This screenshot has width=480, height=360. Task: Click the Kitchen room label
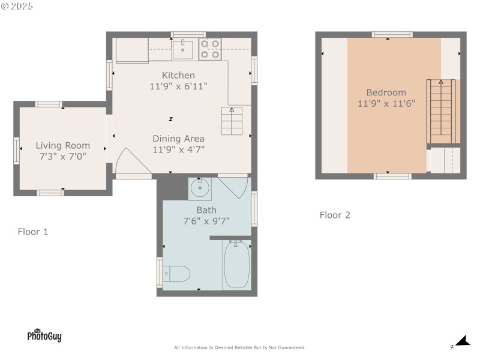click(x=178, y=76)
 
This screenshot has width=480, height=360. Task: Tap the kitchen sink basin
click(x=183, y=50)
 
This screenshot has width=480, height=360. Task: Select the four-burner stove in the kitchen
click(x=210, y=49)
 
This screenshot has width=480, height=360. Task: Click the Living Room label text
click(x=63, y=145)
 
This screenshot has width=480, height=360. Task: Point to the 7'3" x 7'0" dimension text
click(x=63, y=157)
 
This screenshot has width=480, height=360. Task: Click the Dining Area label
click(x=178, y=139)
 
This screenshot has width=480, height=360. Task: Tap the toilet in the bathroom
click(x=176, y=274)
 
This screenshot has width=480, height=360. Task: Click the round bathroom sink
click(x=200, y=187)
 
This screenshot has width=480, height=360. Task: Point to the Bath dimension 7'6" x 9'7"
click(x=206, y=221)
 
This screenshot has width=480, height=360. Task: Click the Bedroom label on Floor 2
click(x=386, y=92)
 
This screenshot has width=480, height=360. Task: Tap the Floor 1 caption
click(x=33, y=232)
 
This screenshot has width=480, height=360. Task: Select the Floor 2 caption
click(x=335, y=215)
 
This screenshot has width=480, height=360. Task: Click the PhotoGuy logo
click(x=44, y=335)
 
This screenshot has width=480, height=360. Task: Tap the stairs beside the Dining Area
click(x=232, y=121)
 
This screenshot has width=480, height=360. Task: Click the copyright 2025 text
click(x=17, y=6)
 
